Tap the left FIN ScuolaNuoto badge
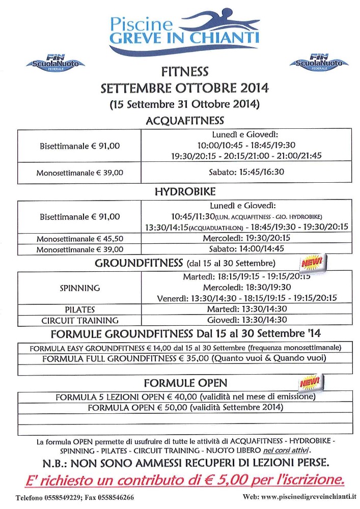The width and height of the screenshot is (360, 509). (x=56, y=63)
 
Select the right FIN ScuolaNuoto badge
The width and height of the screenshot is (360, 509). (x=318, y=63)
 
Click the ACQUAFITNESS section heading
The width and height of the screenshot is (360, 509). (x=185, y=120)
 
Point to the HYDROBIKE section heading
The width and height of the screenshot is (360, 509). (x=185, y=192)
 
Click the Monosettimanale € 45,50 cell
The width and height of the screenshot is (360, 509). (x=79, y=239)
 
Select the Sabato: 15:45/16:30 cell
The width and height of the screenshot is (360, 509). (x=246, y=172)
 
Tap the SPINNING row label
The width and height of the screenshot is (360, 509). (x=79, y=288)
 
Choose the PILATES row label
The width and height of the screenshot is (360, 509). (x=79, y=309)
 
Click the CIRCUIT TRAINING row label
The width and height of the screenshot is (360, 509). (x=79, y=321)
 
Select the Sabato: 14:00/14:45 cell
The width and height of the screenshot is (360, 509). (x=246, y=249)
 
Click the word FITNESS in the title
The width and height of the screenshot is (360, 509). (x=184, y=72)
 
